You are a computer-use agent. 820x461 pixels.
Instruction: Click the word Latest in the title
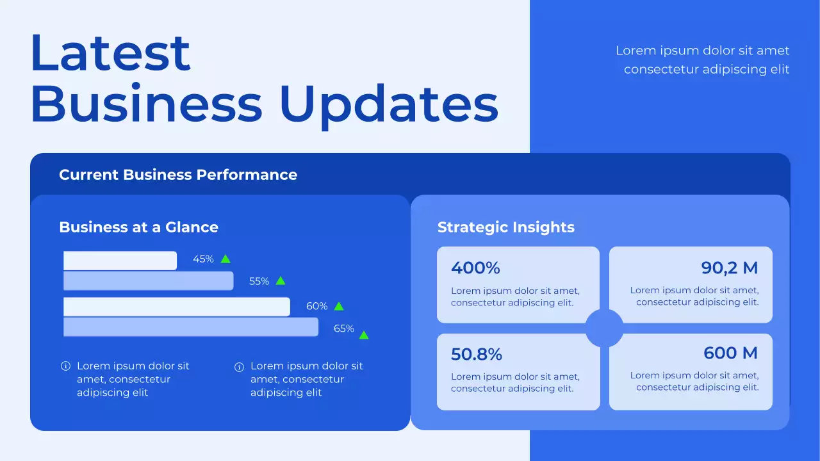coord(110,53)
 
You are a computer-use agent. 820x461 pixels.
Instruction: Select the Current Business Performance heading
coord(178,175)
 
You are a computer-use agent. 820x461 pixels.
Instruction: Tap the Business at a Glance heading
coord(138,227)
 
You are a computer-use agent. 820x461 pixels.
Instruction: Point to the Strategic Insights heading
coord(505,227)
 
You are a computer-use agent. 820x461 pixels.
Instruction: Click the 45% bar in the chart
coord(120,261)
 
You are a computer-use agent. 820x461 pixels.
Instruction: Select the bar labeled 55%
coord(148,281)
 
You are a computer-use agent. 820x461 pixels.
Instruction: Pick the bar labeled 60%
coord(176,307)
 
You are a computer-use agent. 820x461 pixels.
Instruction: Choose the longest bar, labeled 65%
coord(190,327)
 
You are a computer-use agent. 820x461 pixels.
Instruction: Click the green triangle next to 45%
coord(225,259)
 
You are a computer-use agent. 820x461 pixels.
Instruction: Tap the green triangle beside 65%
coord(364,335)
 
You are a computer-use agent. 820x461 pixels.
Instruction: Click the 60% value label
coord(316,307)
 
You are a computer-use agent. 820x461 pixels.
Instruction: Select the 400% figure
coord(475,268)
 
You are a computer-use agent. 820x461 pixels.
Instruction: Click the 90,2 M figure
coord(730,268)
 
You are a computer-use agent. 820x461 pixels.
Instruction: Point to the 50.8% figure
coord(477,354)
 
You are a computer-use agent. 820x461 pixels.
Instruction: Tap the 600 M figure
coord(730,353)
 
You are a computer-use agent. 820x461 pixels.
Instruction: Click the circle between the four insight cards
coord(604,328)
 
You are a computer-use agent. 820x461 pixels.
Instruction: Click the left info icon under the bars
coord(65,366)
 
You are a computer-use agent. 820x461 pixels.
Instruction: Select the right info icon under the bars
coord(239,367)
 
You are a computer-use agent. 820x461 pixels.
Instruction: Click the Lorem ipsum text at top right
coord(703,60)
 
